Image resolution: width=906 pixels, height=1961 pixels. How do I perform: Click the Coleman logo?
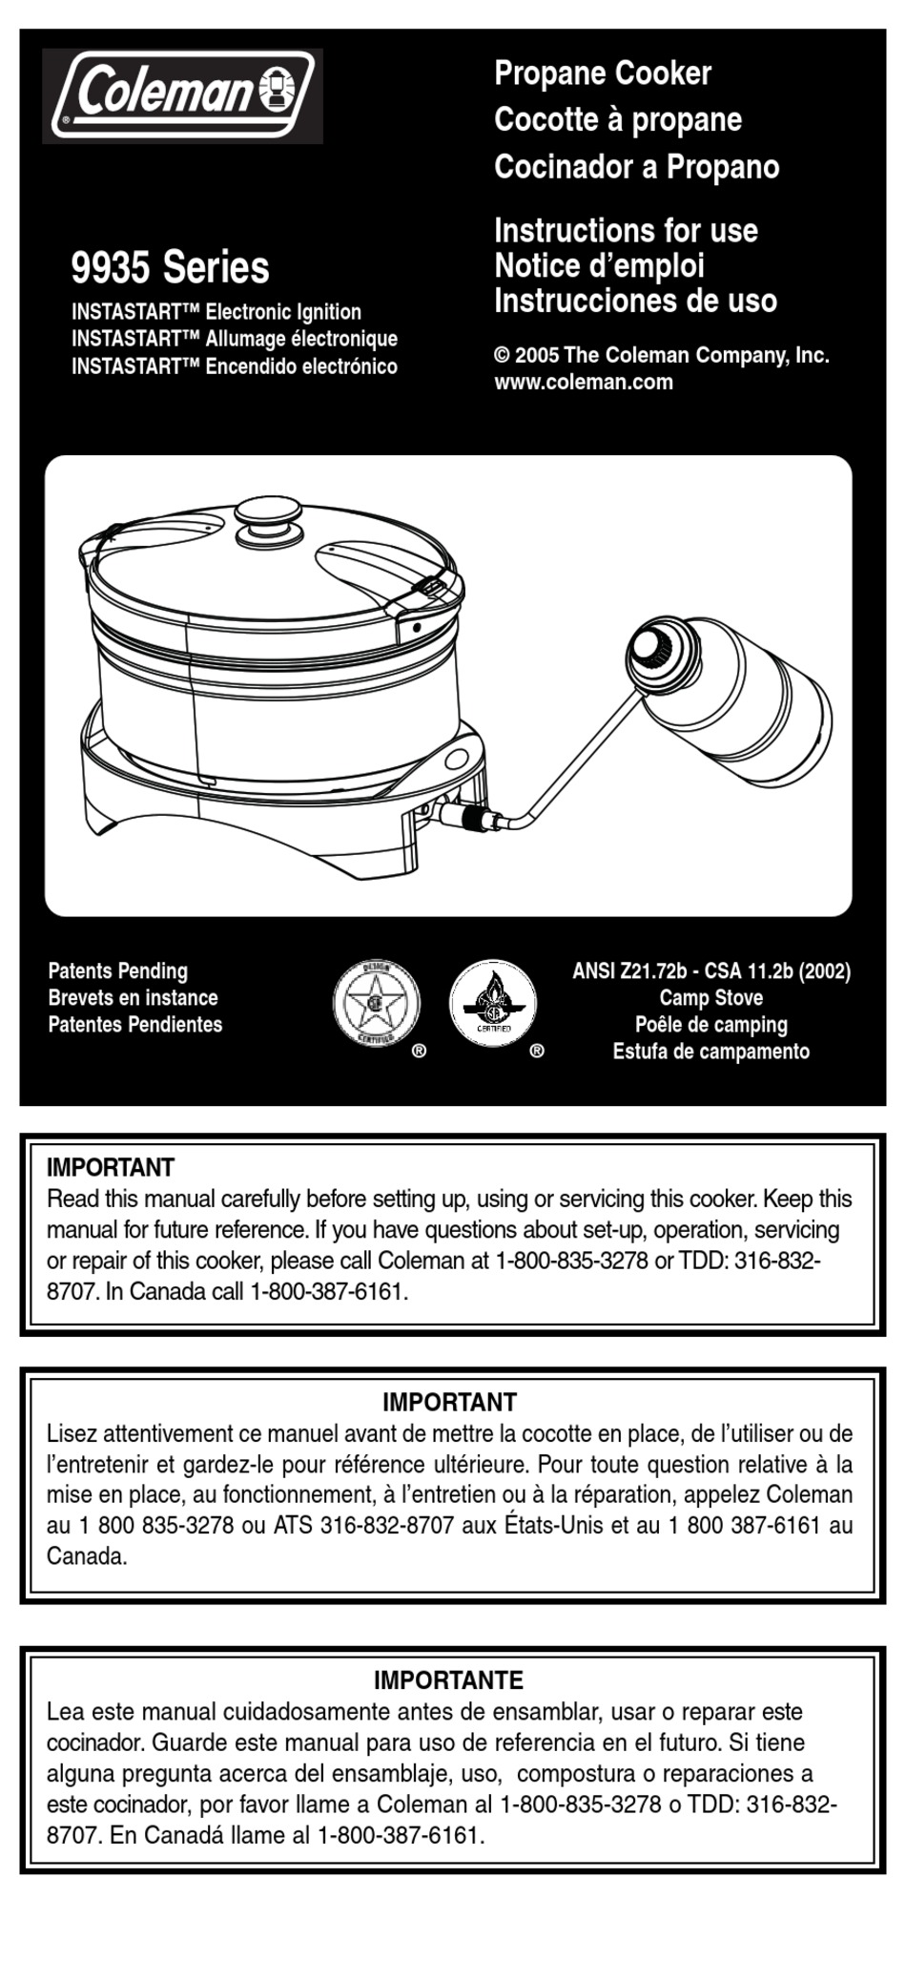point(182,95)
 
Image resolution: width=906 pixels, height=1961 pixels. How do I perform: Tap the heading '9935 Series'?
point(171,267)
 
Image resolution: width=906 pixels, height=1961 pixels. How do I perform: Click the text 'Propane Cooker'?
point(602,73)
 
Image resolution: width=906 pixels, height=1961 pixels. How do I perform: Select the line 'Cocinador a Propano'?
point(636,167)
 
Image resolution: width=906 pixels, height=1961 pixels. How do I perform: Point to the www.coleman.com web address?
point(583,383)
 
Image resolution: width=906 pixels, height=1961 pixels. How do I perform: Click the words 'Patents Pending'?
point(118,971)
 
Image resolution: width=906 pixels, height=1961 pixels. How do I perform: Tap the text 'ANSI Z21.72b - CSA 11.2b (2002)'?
point(710,971)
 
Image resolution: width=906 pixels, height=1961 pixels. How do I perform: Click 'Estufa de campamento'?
point(710,1052)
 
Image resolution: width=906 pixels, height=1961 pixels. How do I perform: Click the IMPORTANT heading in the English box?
point(111,1168)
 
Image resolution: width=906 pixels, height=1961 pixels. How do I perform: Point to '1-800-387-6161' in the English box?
point(328,1293)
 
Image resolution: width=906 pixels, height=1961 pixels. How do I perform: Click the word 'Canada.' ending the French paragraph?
point(87,1556)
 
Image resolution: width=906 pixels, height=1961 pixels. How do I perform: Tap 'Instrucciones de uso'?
point(635,302)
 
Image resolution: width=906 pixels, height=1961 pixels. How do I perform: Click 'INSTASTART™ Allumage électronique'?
point(235,339)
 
